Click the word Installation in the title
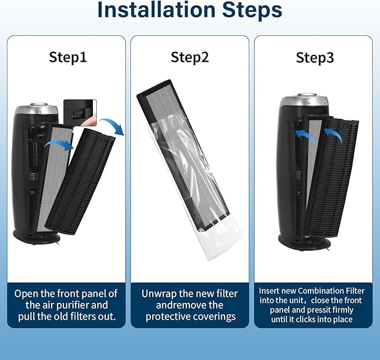[156, 10]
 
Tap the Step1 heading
[68, 57]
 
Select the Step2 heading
[190, 57]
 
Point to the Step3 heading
[315, 58]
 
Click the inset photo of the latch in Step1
[80, 113]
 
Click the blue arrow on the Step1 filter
[59, 145]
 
